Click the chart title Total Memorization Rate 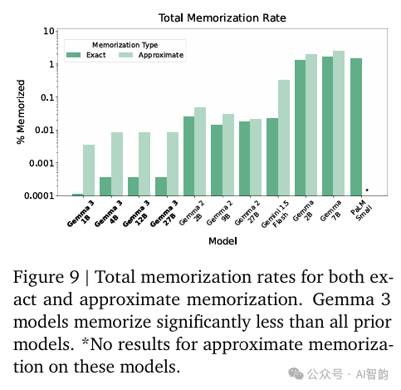click(222, 18)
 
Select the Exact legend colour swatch click(73, 55)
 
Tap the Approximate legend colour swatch click(125, 55)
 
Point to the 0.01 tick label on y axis click(45, 130)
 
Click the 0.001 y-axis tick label click(42, 163)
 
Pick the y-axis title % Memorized click(21, 112)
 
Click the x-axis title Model click(223, 241)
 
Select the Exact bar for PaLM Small click(356, 127)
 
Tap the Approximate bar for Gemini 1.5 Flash click(284, 138)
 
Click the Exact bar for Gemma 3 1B click(78, 195)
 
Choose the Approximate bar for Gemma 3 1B click(89, 170)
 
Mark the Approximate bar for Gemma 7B click(339, 123)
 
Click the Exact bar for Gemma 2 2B click(188, 156)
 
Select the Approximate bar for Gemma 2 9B click(228, 155)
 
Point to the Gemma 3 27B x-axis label click(164, 214)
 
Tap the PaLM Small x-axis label click(361, 210)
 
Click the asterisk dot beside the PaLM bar click(367, 190)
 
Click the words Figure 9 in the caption click(46, 277)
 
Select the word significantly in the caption click(203, 323)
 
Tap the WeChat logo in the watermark click(296, 374)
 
